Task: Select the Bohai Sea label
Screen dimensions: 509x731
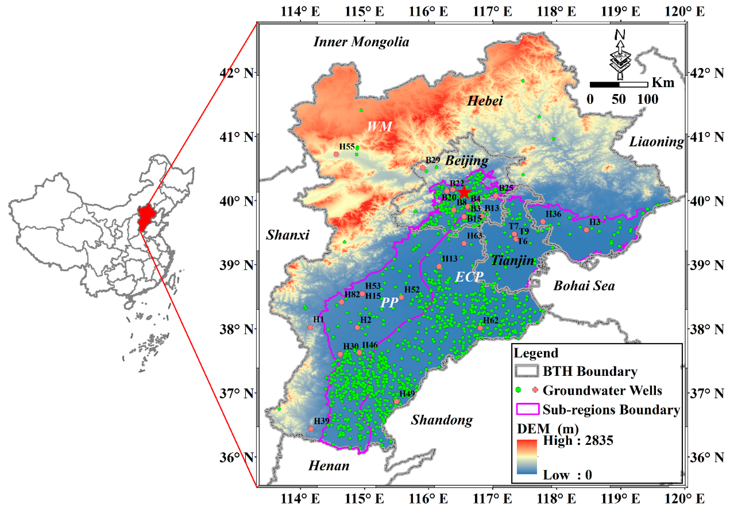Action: (x=584, y=286)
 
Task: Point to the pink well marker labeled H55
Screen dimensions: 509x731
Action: (x=336, y=154)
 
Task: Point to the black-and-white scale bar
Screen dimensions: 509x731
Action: (x=619, y=84)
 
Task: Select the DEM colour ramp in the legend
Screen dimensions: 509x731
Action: (x=527, y=457)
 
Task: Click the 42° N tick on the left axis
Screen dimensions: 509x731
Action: (x=237, y=73)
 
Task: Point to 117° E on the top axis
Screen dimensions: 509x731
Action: (x=492, y=12)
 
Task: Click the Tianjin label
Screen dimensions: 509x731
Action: (x=512, y=260)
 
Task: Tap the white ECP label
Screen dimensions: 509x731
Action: (x=469, y=277)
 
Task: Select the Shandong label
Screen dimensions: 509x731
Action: (x=442, y=420)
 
